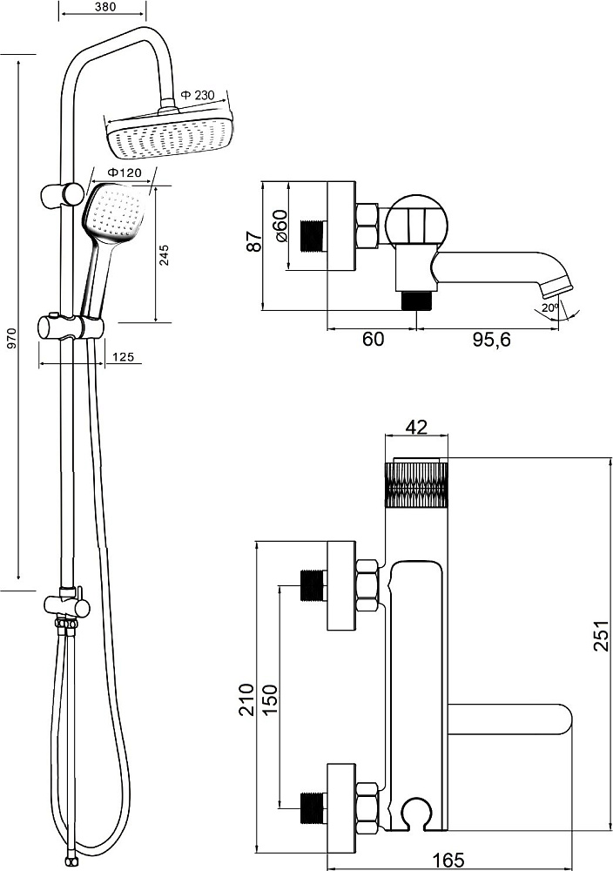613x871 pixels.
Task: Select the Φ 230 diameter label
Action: click(x=197, y=96)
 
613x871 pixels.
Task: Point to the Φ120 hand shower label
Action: click(x=124, y=172)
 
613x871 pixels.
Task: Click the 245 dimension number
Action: click(x=165, y=255)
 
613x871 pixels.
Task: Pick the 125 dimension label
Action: click(x=123, y=357)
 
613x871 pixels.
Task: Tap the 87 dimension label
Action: click(x=254, y=241)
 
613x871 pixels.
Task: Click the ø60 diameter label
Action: click(x=280, y=226)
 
